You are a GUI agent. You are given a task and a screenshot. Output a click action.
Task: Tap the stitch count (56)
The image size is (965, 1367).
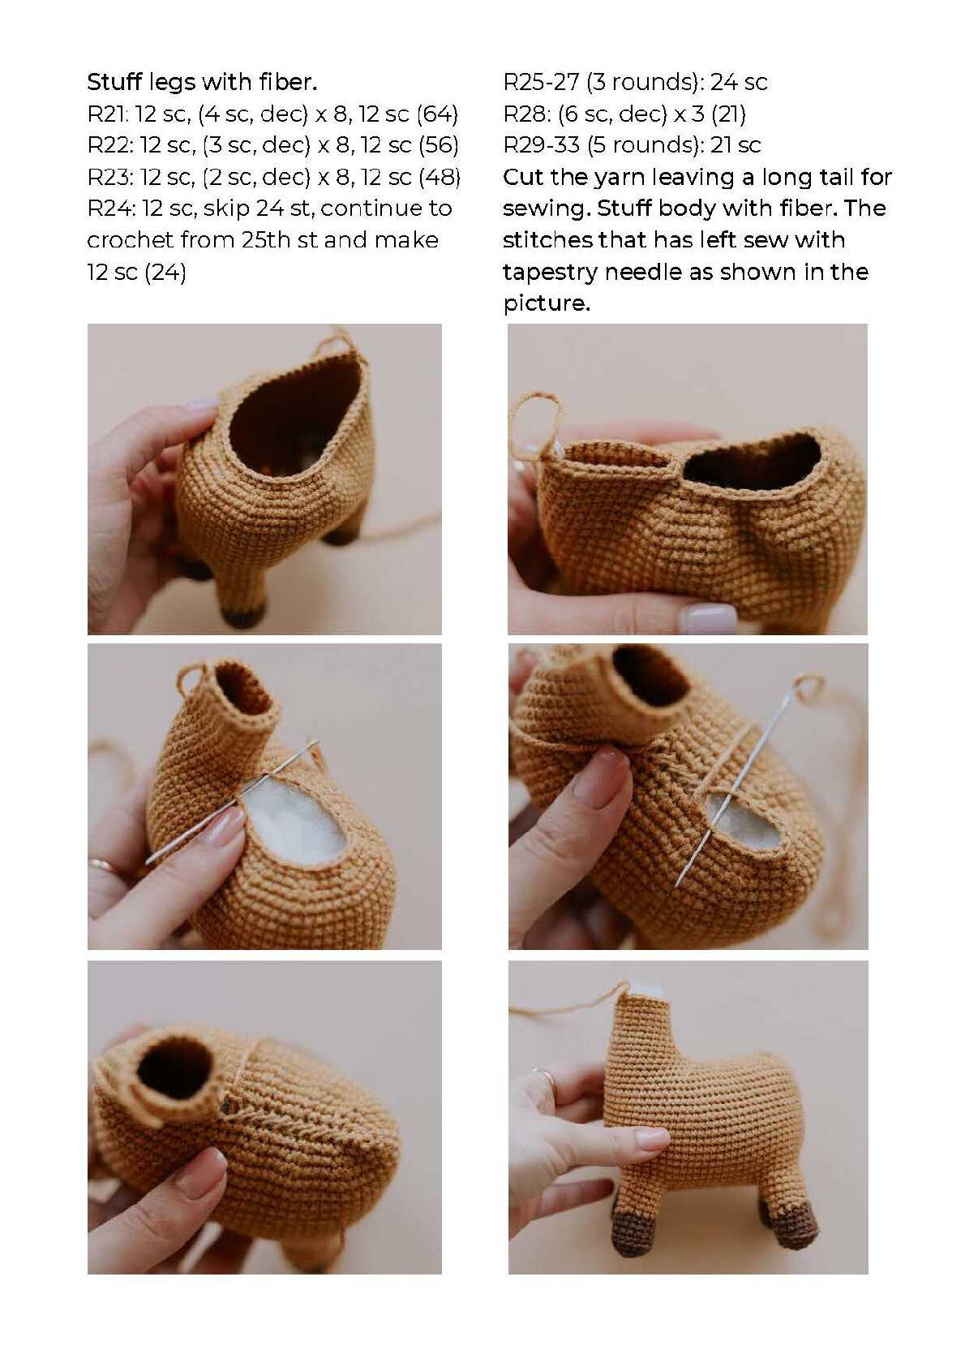pyautogui.click(x=439, y=145)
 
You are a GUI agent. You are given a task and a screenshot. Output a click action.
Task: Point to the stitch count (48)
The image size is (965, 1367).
pyautogui.click(x=440, y=177)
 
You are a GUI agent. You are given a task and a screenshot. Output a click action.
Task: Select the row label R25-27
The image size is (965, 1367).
pyautogui.click(x=541, y=83)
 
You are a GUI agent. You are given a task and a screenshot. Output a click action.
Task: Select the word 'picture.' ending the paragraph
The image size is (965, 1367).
pyautogui.click(x=547, y=304)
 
